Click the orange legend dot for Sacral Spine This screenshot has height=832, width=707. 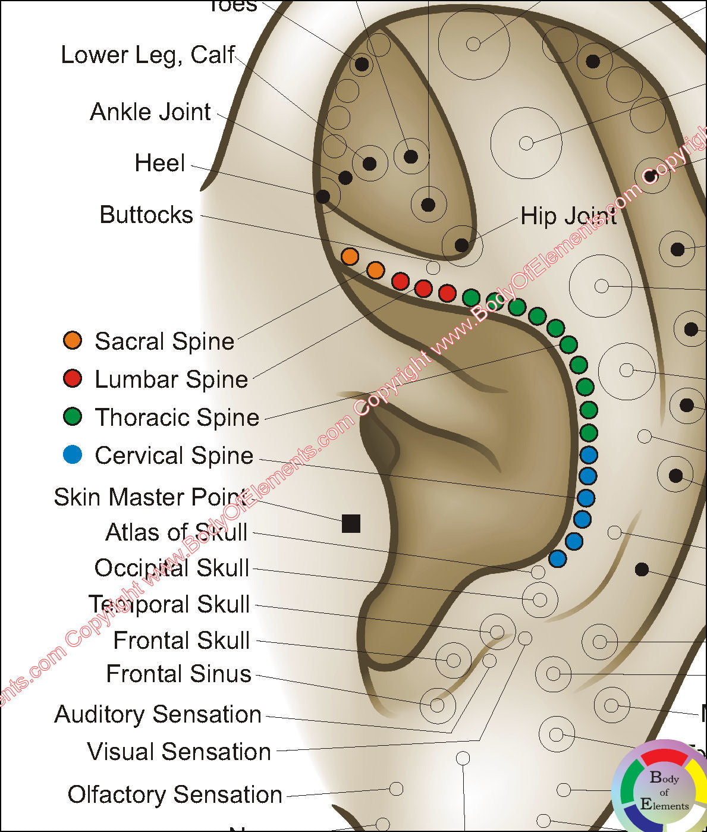pos(73,340)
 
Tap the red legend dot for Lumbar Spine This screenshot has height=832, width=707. pos(73,378)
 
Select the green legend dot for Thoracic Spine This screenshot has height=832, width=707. pos(73,416)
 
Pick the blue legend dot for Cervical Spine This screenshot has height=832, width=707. pos(73,455)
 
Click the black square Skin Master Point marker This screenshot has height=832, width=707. pos(351,523)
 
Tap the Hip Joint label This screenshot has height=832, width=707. pos(568,216)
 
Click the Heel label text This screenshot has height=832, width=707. pos(159,163)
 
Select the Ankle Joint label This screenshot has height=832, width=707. pos(150,112)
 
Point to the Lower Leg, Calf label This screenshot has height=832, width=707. pos(148,55)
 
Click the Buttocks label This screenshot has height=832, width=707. pos(146,215)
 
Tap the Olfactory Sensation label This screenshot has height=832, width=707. pos(175,795)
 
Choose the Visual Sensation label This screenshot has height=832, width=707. pos(179,752)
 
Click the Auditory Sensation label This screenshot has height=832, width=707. pos(158,714)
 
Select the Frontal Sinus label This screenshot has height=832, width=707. pos(178,674)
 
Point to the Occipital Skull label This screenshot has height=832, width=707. pos(171,568)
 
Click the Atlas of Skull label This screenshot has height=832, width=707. pos(176,532)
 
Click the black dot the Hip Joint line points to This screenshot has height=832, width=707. pos(461,245)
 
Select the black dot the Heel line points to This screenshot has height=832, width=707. pos(323,196)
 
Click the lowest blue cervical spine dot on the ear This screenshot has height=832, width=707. pos(557,558)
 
